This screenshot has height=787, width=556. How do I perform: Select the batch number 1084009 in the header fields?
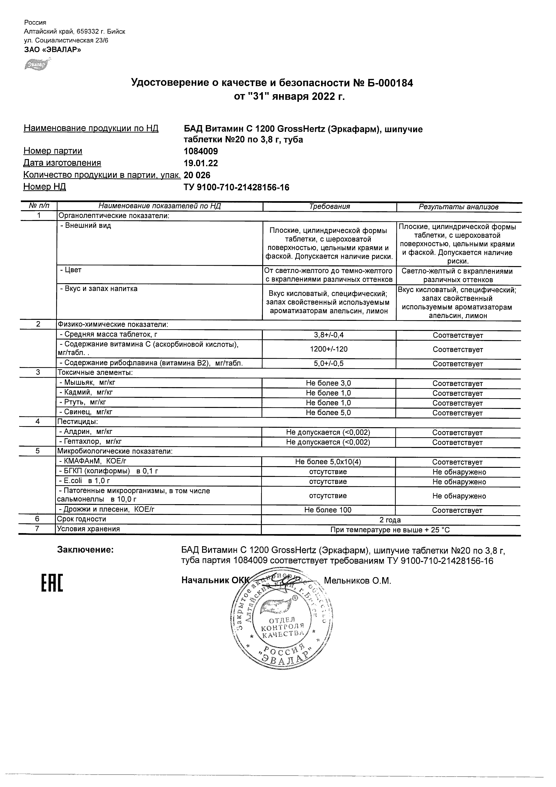(x=201, y=151)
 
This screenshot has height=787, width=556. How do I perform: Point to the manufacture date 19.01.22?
(x=201, y=163)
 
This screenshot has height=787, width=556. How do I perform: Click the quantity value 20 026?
(x=197, y=175)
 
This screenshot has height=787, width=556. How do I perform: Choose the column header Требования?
(x=329, y=207)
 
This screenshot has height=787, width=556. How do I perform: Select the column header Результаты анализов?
(x=459, y=207)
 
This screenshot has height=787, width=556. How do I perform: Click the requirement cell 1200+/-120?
(x=329, y=349)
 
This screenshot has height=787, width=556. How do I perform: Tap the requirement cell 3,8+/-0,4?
(x=329, y=335)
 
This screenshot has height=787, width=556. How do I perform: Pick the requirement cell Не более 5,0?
(x=328, y=413)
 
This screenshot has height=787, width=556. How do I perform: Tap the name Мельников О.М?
(x=357, y=580)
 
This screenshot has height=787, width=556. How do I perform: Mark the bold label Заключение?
(x=85, y=550)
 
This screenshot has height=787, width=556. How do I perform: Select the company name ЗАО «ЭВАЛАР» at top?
(x=52, y=50)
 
